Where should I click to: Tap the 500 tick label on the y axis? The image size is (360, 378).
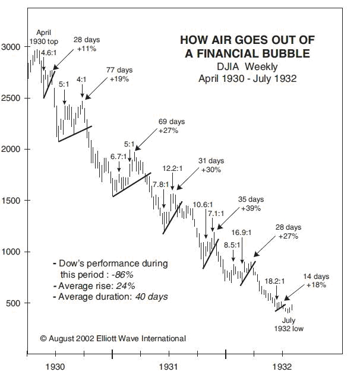pyautogui.click(x=15, y=304)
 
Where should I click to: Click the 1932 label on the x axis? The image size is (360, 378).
pyautogui.click(x=282, y=367)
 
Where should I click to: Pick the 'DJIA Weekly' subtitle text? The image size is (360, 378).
pyautogui.click(x=246, y=66)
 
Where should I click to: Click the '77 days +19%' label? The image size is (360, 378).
pyautogui.click(x=118, y=74)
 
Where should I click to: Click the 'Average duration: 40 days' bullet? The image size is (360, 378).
pyautogui.click(x=113, y=296)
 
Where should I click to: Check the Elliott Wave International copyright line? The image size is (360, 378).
pyautogui.click(x=113, y=338)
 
